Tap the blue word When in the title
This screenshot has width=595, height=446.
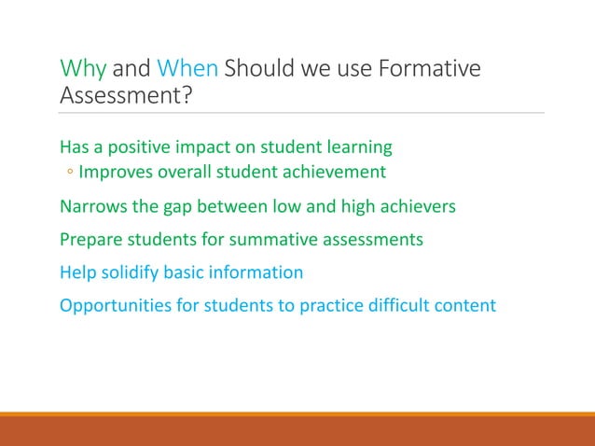187,70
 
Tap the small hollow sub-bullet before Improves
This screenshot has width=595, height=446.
70,173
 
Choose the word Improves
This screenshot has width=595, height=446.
114,173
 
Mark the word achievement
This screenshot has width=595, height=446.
335,173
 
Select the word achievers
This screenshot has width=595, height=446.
419,206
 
